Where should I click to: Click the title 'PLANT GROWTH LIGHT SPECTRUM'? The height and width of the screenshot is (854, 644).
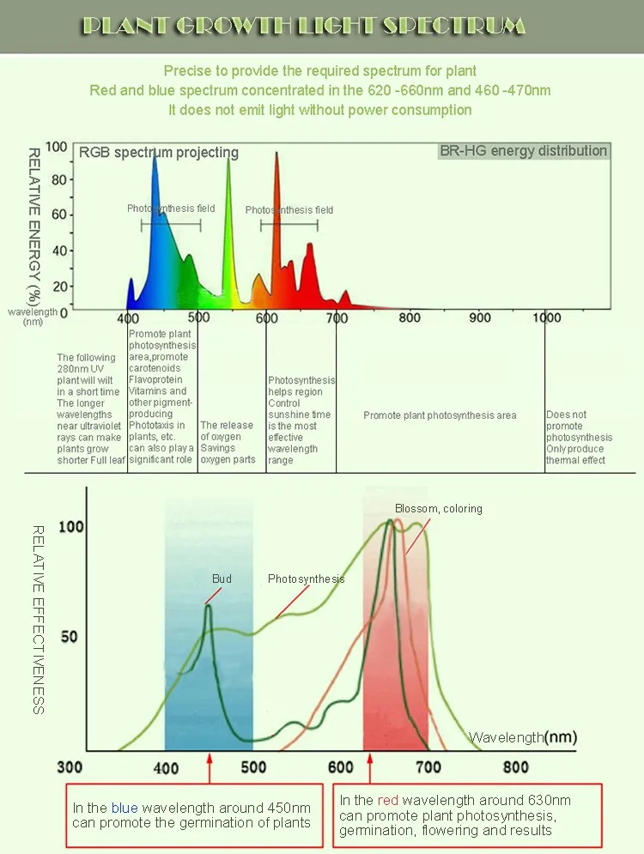(x=302, y=26)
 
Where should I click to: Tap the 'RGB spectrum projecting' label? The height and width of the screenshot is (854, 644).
(x=159, y=153)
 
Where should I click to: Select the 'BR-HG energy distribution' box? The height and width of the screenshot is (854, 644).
(x=523, y=151)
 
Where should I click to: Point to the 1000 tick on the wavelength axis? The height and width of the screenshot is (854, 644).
(x=546, y=318)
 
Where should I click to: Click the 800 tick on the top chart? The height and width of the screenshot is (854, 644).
(x=410, y=318)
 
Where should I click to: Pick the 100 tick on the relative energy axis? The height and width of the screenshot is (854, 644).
(x=56, y=148)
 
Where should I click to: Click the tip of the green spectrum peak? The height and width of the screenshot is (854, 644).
(x=228, y=159)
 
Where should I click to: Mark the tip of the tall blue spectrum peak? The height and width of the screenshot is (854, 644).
(x=155, y=152)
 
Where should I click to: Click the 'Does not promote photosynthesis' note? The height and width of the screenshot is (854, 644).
(x=579, y=438)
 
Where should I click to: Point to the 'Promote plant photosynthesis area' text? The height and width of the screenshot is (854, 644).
(x=440, y=415)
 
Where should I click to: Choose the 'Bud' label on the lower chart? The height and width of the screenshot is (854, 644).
(x=222, y=579)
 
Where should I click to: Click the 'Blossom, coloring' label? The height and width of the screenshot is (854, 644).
(x=438, y=509)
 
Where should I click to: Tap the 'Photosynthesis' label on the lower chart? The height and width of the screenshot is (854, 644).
(x=306, y=579)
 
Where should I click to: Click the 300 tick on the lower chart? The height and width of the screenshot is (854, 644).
(x=70, y=766)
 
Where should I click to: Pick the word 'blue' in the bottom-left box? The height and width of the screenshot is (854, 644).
(x=122, y=808)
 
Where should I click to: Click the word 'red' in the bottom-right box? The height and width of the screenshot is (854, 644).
(x=388, y=800)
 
